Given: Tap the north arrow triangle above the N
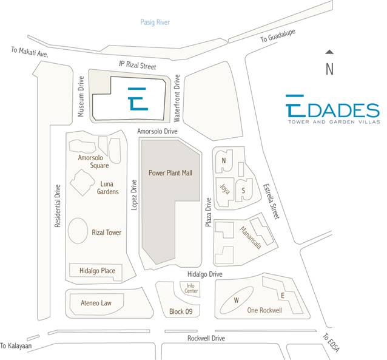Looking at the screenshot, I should (329, 53).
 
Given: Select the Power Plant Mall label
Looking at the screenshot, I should (170, 173).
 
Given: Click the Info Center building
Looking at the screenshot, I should (192, 288).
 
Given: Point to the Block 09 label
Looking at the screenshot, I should (181, 312).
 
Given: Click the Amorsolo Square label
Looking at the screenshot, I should (93, 161).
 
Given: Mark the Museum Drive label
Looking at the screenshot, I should (81, 97).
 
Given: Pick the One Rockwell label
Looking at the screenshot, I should (266, 310).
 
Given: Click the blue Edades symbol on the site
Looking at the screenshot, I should (138, 98).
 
